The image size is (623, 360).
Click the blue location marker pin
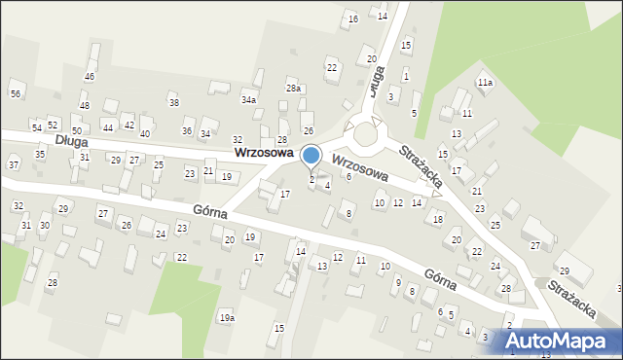click(x=311, y=155)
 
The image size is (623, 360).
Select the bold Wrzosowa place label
click(x=264, y=154)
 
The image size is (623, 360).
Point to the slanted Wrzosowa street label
click(x=360, y=167)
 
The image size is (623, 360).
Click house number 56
click(x=16, y=93)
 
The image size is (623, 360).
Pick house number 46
click(x=90, y=76)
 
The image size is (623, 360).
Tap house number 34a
click(x=249, y=100)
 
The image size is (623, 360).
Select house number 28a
click(x=293, y=89)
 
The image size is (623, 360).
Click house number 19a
click(x=227, y=318)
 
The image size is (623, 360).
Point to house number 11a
click(x=485, y=83)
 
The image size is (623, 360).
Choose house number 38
click(x=174, y=102)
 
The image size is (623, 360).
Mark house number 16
click(x=352, y=19)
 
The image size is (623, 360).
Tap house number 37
click(x=14, y=164)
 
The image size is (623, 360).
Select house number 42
click(x=128, y=126)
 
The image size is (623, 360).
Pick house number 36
click(x=187, y=131)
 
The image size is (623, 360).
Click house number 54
click(x=37, y=127)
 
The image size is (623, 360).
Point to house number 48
click(x=85, y=105)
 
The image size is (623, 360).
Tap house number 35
click(x=40, y=154)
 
